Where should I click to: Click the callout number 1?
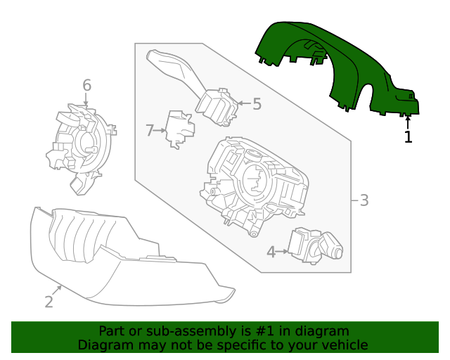[x=408, y=137]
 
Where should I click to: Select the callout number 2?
[x=49, y=302]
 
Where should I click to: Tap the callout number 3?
[x=364, y=200]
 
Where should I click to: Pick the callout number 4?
[x=271, y=251]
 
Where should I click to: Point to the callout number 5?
[x=257, y=104]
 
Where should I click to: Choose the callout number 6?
[x=86, y=86]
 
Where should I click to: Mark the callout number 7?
[x=149, y=130]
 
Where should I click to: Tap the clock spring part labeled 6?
[x=81, y=144]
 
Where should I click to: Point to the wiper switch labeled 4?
[x=315, y=245]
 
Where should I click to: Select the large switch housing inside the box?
[x=253, y=179]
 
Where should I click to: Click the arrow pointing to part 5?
[x=243, y=104]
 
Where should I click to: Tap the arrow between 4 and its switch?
[x=283, y=251]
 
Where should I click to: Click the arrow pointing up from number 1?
[x=408, y=122]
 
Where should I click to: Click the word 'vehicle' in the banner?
[x=344, y=345]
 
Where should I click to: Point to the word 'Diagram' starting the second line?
[x=105, y=345]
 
